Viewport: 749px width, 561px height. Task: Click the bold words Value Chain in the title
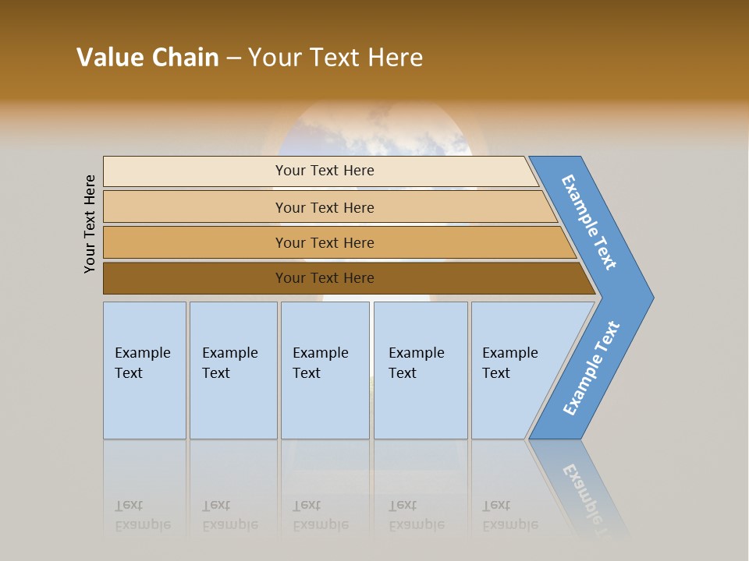tap(147, 58)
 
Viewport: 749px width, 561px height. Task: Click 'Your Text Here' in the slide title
tap(335, 58)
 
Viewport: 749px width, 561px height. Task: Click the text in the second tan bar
tap(325, 208)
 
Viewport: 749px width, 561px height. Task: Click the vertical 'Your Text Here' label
tap(90, 224)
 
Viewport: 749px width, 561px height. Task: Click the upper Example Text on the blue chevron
tap(589, 222)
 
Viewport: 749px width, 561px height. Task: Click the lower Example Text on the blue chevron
tap(591, 369)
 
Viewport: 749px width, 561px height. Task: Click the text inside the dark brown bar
tap(325, 278)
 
